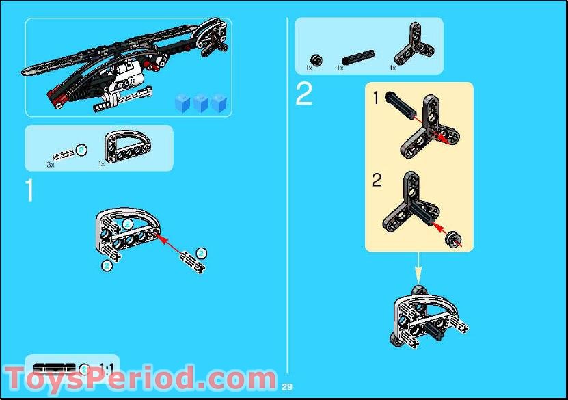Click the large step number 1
pyautogui.click(x=29, y=191)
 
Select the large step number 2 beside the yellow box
pyautogui.click(x=304, y=95)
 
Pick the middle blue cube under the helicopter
pyautogui.click(x=201, y=103)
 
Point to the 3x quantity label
pyautogui.click(x=51, y=165)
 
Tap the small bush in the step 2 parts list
pyautogui.click(x=316, y=57)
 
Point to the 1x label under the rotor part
pyautogui.click(x=392, y=68)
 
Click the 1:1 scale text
pyautogui.click(x=107, y=369)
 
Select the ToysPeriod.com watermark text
pyautogui.click(x=140, y=378)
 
